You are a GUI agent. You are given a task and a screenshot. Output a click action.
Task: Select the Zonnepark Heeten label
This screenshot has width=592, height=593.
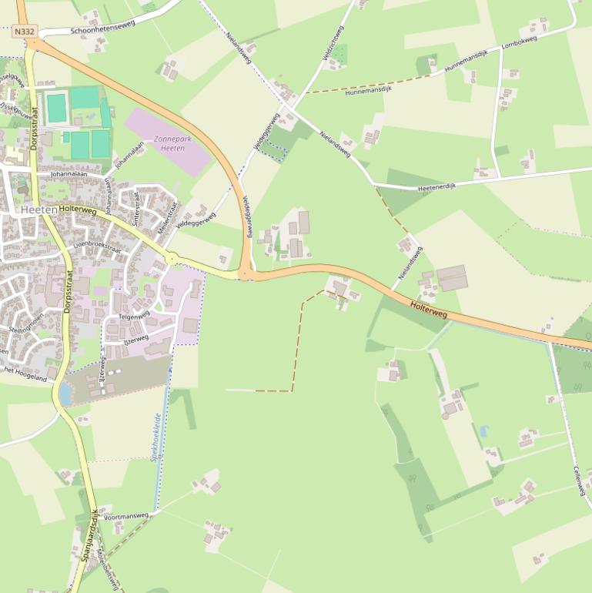169,142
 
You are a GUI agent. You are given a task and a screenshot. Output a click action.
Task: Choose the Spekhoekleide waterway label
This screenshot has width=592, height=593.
156,436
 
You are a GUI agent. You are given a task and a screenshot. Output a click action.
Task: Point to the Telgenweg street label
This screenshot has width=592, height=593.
134,316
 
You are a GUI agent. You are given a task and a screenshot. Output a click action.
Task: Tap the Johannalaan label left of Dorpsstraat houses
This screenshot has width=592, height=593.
69,175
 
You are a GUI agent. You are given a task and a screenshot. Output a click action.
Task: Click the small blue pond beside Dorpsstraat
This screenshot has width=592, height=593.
65,394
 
